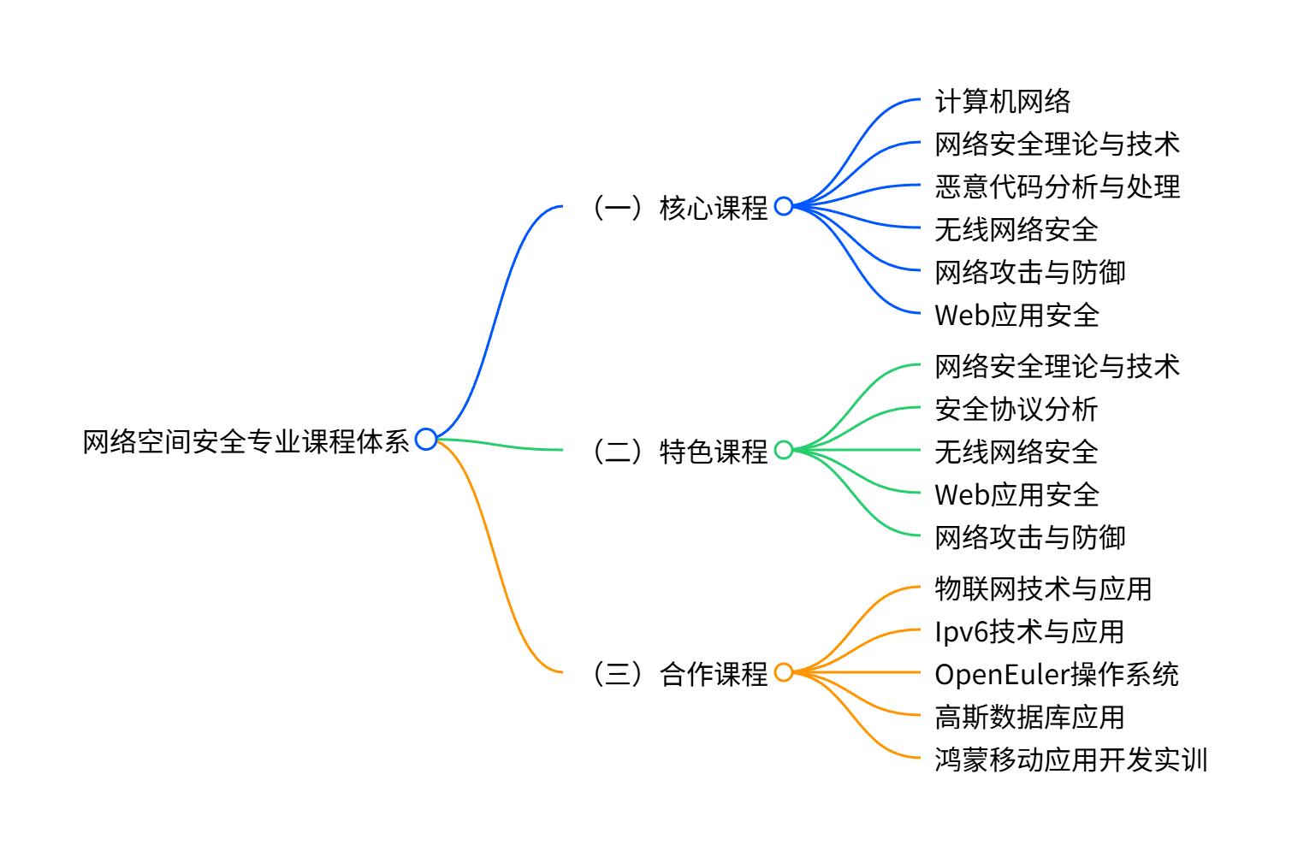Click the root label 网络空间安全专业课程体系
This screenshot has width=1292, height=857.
(x=246, y=442)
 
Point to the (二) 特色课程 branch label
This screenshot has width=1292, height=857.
(x=680, y=451)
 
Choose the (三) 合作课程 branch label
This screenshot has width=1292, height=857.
(x=680, y=674)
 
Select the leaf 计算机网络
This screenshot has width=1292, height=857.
(x=1003, y=102)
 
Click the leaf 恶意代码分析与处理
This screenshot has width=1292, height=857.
(x=1058, y=186)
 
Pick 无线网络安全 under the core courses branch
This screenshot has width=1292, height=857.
(x=1016, y=229)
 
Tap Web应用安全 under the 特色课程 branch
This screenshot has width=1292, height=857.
(x=1016, y=494)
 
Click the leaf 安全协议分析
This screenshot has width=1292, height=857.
(x=1016, y=409)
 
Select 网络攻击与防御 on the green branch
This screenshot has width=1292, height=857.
(x=1030, y=537)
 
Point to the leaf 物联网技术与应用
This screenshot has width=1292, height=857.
(x=1043, y=588)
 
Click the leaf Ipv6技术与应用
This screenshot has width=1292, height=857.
(x=1029, y=631)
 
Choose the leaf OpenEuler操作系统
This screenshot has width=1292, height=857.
(x=1057, y=674)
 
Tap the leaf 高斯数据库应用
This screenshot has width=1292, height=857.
(x=1030, y=717)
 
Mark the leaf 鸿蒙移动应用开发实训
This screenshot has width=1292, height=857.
(x=1071, y=759)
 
